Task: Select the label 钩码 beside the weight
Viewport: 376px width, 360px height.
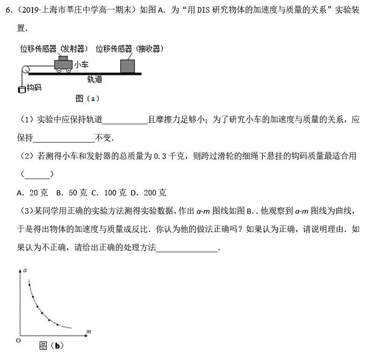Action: click(33, 88)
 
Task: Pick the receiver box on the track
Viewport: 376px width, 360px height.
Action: click(127, 66)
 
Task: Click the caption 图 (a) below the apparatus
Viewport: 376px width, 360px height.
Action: click(87, 98)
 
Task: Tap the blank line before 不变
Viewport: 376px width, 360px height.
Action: click(64, 139)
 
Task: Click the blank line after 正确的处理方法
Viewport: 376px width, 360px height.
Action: click(187, 249)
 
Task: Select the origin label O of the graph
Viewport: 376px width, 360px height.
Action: click(18, 340)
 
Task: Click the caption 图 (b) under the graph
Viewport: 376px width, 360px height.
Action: click(51, 346)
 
